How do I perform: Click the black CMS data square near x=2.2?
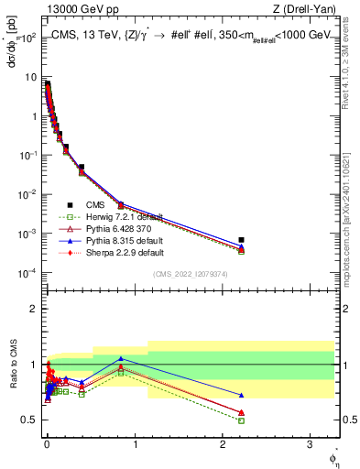[241, 240]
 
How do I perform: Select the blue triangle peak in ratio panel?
[121, 358]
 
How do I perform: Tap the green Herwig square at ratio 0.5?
[241, 420]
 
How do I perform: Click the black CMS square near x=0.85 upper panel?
[121, 206]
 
